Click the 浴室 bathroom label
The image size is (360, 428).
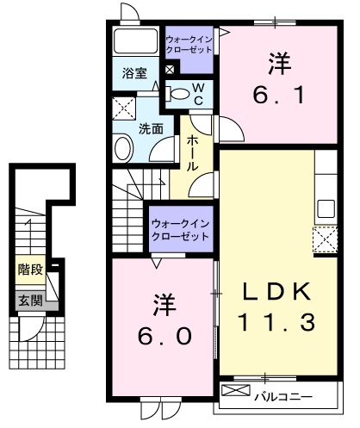pyautogui.click(x=133, y=73)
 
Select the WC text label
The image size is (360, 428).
pyautogui.click(x=197, y=95)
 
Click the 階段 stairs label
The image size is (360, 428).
pyautogui.click(x=30, y=270)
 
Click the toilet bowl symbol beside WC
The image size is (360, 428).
pyautogui.click(x=178, y=94)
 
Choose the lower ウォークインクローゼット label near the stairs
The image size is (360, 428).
pyautogui.click(x=181, y=229)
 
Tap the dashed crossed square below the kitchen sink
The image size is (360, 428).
pyautogui.click(x=326, y=238)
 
